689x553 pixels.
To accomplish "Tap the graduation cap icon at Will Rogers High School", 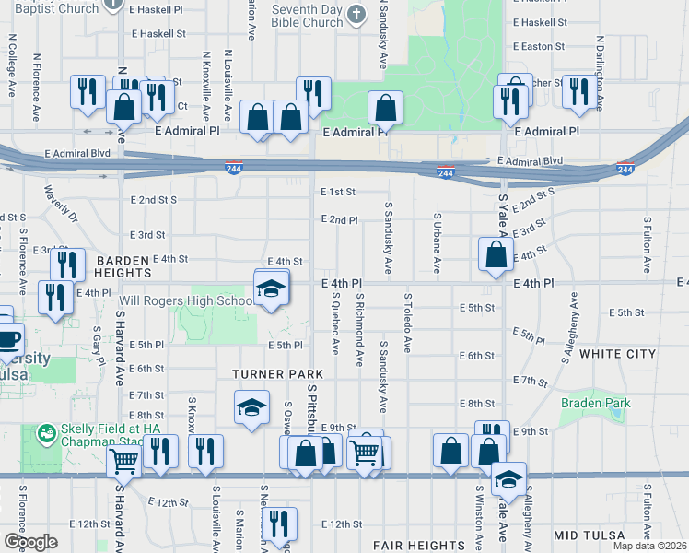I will click(x=271, y=289).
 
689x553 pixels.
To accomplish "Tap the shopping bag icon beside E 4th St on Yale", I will click(x=496, y=254).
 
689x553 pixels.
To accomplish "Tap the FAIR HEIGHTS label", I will click(x=420, y=546).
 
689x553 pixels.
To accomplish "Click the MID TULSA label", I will click(x=590, y=535).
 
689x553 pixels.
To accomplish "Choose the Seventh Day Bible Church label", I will click(x=308, y=15).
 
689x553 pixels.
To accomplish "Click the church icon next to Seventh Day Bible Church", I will click(x=357, y=15).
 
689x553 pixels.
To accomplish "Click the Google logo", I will click(x=30, y=542).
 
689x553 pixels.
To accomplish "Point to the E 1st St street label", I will click(x=338, y=192).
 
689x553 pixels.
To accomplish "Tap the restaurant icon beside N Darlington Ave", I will click(x=579, y=92).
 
